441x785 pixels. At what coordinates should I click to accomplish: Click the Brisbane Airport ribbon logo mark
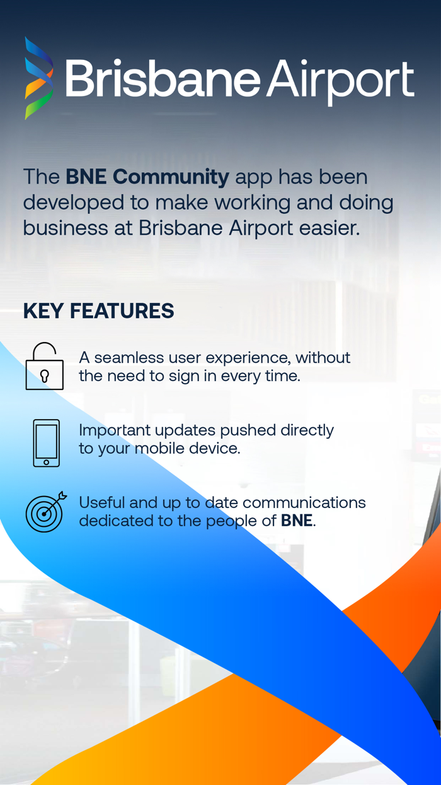point(38,78)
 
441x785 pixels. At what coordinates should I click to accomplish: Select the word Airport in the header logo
point(340,80)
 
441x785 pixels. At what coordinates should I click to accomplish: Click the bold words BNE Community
point(147,177)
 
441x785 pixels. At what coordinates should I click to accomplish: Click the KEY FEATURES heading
point(99,311)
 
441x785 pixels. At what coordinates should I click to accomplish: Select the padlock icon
point(44,367)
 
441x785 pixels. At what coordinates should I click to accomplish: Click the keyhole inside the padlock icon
point(44,376)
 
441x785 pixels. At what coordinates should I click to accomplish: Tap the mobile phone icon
point(46,443)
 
